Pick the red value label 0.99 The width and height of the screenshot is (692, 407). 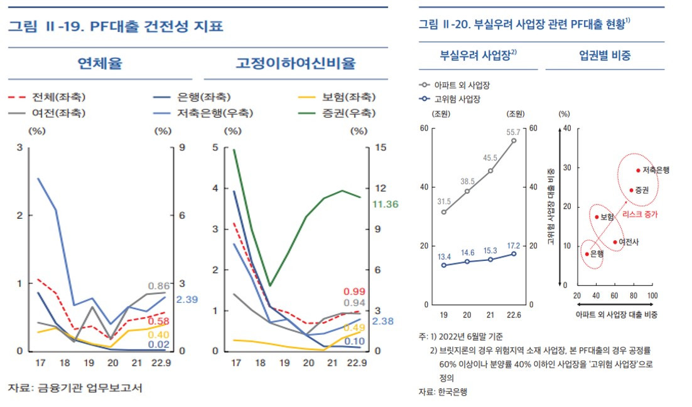coord(355,292)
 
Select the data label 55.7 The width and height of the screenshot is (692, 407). coord(514,132)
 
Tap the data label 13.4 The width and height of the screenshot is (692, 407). coord(443,256)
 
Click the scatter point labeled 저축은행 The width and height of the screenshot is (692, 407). coord(638,170)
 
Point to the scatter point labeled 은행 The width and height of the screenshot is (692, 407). coord(587,254)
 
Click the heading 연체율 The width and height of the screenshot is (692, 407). coord(99,63)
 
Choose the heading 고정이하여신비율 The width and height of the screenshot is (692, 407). coord(295,63)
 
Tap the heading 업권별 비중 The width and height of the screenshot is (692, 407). coord(605,55)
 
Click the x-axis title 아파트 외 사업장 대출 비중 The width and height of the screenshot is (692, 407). coord(615,314)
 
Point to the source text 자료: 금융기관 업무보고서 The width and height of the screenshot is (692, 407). coord(75,388)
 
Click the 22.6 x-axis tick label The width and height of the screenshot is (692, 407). coord(514,314)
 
